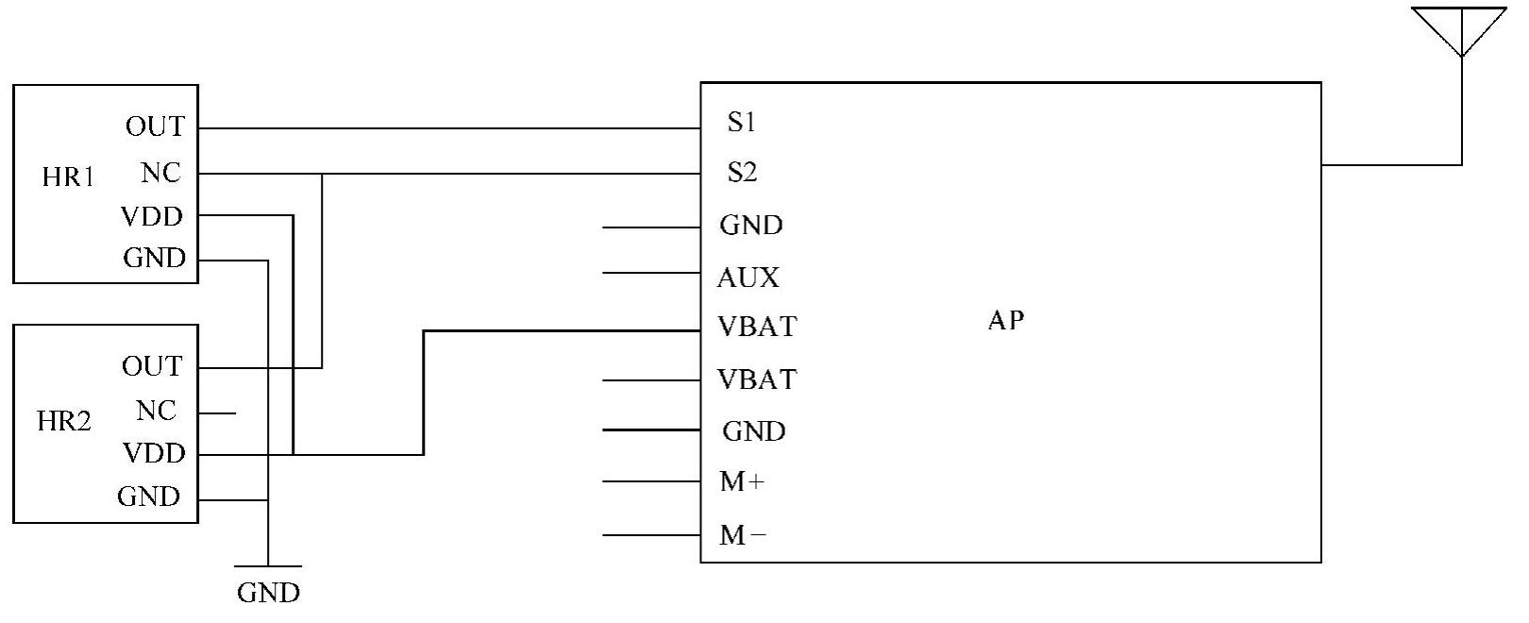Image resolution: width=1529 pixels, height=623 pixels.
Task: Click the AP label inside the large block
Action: pyautogui.click(x=1005, y=321)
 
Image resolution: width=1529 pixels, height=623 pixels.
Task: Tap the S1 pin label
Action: pyautogui.click(x=741, y=123)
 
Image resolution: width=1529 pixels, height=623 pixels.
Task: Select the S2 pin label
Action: pyautogui.click(x=742, y=173)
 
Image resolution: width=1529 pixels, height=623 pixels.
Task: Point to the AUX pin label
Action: pyautogui.click(x=748, y=278)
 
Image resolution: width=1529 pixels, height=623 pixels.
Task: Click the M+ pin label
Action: pyautogui.click(x=742, y=482)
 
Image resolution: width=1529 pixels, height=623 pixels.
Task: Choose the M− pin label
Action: pyautogui.click(x=742, y=536)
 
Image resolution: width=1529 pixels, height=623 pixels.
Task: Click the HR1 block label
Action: pyautogui.click(x=68, y=177)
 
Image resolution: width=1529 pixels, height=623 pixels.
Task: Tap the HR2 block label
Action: pyautogui.click(x=64, y=421)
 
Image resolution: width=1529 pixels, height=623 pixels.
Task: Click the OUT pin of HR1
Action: pyautogui.click(x=156, y=126)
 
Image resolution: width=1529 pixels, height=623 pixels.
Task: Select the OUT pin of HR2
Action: pyautogui.click(x=152, y=366)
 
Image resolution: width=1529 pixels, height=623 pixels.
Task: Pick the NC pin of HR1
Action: pyautogui.click(x=160, y=173)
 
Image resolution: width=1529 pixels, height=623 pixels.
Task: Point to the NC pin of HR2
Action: pyautogui.click(x=156, y=412)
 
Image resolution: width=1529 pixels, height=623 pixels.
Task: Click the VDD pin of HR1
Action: pyautogui.click(x=152, y=217)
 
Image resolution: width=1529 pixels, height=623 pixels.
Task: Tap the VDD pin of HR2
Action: pyautogui.click(x=154, y=454)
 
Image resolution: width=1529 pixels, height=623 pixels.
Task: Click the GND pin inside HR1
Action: pyautogui.click(x=155, y=259)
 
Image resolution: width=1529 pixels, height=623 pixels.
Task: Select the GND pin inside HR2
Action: pyautogui.click(x=149, y=497)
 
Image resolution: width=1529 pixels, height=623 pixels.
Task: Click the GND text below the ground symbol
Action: pyautogui.click(x=268, y=593)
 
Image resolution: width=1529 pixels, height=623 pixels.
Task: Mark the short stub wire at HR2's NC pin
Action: pyautogui.click(x=217, y=413)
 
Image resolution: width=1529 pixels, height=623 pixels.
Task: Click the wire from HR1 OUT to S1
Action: pyautogui.click(x=448, y=128)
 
